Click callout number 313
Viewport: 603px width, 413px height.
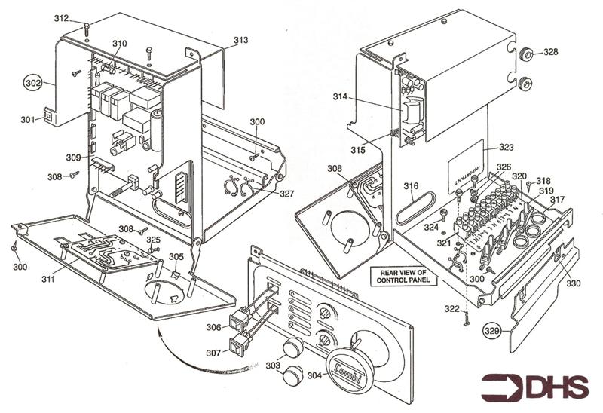240,40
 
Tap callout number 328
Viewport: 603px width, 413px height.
551,52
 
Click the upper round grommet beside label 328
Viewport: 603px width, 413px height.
526,54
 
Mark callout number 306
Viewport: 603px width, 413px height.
213,328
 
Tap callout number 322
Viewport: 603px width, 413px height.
450,310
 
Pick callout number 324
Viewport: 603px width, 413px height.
430,226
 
